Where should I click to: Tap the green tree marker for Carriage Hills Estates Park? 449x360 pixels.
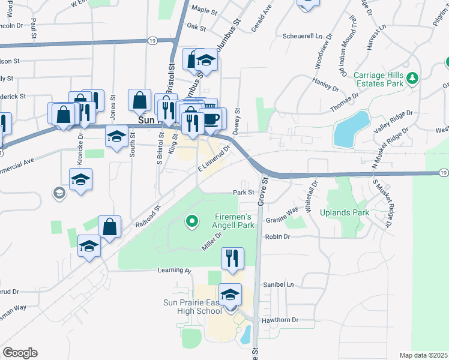(x=412, y=79)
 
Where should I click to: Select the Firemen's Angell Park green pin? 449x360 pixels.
(x=192, y=223)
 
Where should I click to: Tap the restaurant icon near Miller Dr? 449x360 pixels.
(x=231, y=258)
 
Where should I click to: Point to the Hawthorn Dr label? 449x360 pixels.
(x=280, y=320)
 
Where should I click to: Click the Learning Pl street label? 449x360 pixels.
(x=173, y=271)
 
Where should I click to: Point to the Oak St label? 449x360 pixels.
(x=196, y=27)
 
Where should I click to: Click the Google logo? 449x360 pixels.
(x=20, y=353)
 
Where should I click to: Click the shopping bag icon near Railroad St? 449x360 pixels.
(x=110, y=227)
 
